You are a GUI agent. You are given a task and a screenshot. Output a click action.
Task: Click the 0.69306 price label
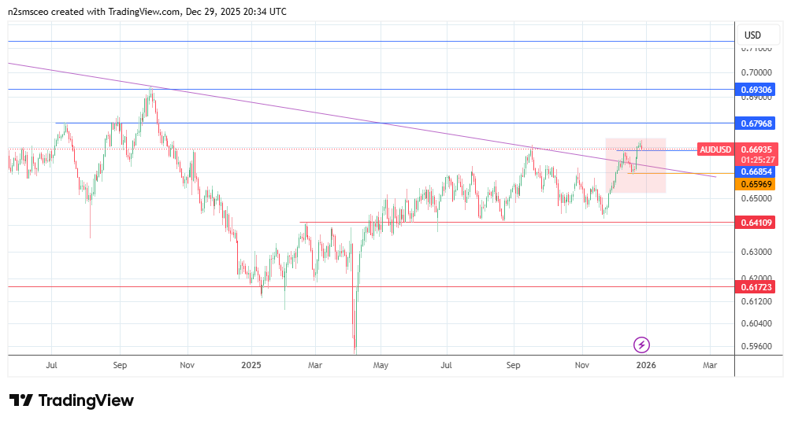click(x=756, y=90)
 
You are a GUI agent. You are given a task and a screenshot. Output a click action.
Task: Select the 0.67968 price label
click(x=756, y=124)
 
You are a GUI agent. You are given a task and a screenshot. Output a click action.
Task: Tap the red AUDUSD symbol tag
click(x=716, y=149)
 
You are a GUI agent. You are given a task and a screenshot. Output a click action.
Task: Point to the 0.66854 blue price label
click(x=756, y=171)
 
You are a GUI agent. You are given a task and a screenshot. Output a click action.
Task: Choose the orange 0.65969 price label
click(x=756, y=184)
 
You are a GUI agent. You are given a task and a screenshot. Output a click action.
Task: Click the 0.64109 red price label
click(x=756, y=223)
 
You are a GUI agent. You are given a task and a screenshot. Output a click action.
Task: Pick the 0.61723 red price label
click(x=756, y=287)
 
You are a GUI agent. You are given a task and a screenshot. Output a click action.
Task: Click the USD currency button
click(x=753, y=35)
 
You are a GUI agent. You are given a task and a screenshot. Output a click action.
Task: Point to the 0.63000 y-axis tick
click(x=756, y=252)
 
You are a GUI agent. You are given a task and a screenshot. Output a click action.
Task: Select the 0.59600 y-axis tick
click(x=756, y=346)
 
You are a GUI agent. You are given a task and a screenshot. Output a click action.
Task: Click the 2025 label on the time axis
click(x=251, y=365)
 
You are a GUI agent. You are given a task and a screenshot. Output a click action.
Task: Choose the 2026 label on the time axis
click(x=645, y=365)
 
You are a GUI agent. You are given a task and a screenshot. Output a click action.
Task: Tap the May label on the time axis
click(x=381, y=365)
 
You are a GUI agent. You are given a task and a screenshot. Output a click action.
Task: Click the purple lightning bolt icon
click(x=642, y=345)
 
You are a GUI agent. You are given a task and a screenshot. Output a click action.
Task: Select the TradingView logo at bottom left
click(x=71, y=400)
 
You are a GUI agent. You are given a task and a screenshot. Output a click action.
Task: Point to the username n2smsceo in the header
click(x=30, y=12)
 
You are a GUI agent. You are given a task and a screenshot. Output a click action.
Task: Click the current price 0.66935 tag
click(x=756, y=149)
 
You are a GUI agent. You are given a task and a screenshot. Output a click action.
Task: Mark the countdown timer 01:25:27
click(x=756, y=160)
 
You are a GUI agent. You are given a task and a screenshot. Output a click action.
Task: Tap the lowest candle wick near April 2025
click(x=355, y=349)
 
